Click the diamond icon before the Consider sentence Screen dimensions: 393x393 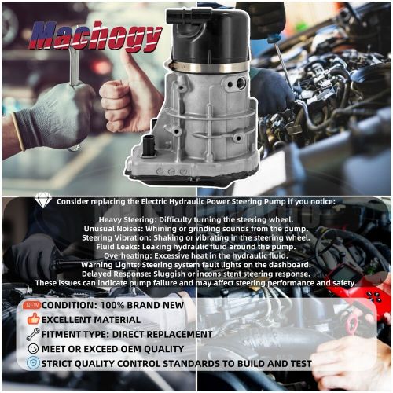44,201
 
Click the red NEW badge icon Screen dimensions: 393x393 31,305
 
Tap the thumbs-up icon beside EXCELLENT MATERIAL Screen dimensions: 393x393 33,319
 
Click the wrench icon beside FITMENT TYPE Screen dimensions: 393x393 33,334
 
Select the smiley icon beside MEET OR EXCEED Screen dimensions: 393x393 33,348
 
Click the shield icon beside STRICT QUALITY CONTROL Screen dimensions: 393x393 33,363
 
